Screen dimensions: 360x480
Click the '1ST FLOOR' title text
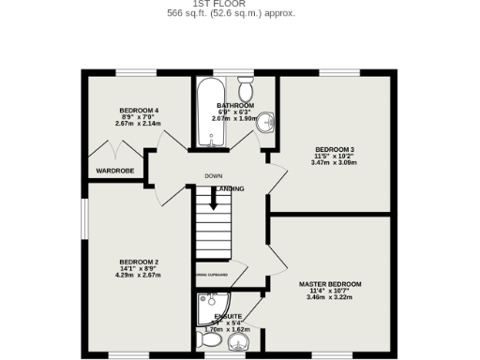click(231, 3)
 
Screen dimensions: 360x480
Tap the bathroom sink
click(265, 121)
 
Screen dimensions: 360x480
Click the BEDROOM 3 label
click(334, 150)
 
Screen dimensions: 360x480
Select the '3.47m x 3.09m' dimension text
click(334, 163)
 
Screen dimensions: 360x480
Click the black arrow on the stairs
click(213, 199)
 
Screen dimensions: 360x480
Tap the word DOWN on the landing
click(214, 176)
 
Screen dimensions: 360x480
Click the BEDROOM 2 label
click(138, 262)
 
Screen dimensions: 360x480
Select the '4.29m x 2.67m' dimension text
click(138, 275)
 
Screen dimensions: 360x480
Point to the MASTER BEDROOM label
click(330, 283)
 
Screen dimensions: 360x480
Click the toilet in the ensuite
click(208, 339)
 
